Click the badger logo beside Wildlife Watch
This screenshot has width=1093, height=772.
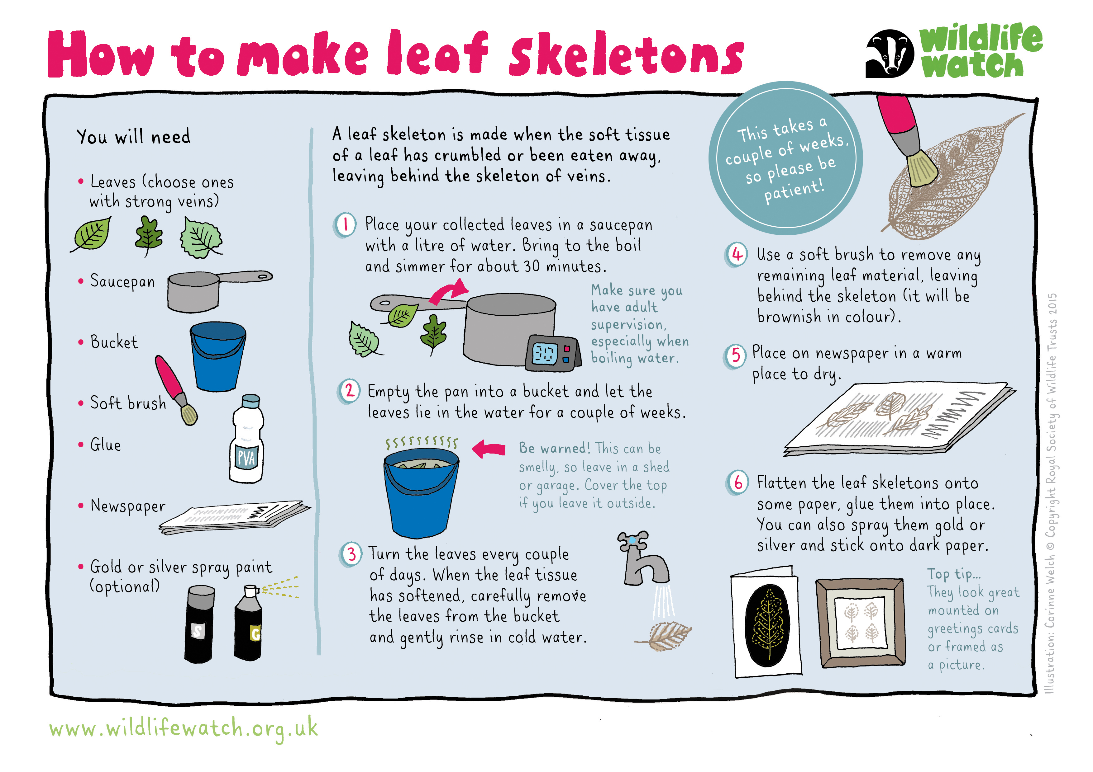(889, 54)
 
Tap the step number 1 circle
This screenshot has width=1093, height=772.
(345, 224)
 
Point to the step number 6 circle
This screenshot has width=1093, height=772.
(737, 483)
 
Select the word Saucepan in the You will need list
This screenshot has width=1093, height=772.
(123, 282)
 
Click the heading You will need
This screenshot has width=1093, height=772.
(133, 137)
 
